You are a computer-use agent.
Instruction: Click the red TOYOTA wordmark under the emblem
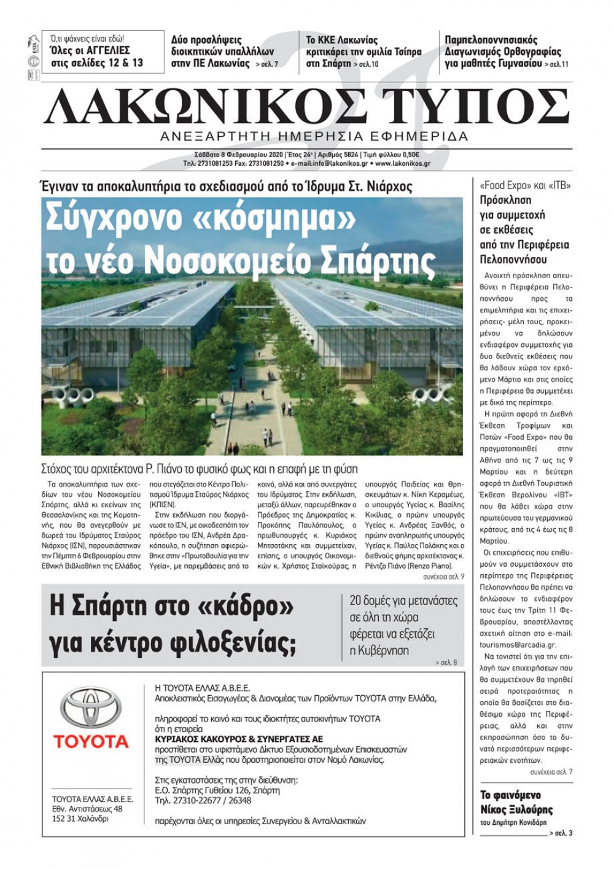tap(91, 741)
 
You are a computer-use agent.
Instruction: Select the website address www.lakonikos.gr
tap(402, 164)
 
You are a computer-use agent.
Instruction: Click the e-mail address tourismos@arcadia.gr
tap(518, 645)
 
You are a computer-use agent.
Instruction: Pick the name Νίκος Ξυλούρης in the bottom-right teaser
tap(516, 809)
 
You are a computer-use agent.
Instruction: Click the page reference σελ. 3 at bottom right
tap(563, 833)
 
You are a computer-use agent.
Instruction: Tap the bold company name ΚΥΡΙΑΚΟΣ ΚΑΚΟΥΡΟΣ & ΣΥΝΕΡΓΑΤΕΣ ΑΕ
tap(239, 739)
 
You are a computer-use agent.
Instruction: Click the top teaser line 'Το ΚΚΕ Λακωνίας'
tap(342, 41)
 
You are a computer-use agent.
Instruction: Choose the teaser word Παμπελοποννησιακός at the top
tap(491, 41)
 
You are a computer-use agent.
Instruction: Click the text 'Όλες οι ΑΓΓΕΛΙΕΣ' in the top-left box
tap(90, 50)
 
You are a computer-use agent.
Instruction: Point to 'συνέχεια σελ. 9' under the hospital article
tap(443, 577)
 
